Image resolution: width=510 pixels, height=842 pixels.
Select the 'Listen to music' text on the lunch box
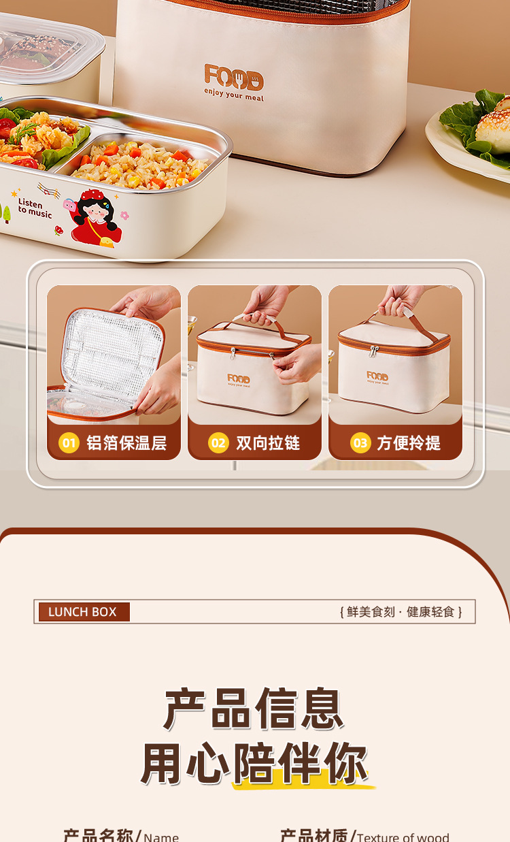tap(34, 208)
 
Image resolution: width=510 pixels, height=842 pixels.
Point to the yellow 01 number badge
tap(69, 443)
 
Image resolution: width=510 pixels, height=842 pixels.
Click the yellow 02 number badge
tap(218, 443)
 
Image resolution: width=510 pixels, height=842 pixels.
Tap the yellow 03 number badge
tap(360, 443)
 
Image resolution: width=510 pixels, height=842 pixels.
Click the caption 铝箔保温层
tap(126, 443)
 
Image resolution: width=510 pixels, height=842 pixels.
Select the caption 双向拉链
tap(268, 443)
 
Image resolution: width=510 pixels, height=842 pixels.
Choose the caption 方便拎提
tap(409, 443)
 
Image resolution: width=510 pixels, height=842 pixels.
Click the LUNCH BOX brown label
tap(82, 612)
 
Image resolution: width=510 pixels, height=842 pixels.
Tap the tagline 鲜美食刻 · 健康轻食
tap(401, 612)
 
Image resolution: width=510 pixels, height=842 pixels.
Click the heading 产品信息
tap(254, 709)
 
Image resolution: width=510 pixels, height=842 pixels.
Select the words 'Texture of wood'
tap(403, 837)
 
